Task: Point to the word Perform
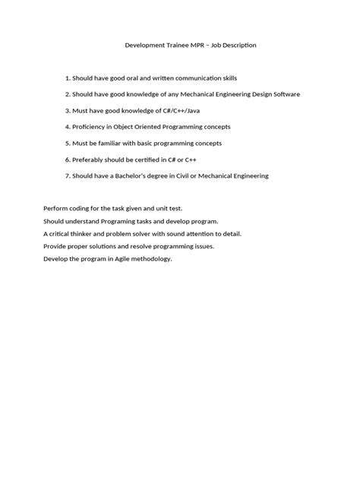[x=55, y=208]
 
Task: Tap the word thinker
[x=86, y=234]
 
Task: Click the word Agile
[x=124, y=260]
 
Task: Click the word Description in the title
[x=237, y=46]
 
